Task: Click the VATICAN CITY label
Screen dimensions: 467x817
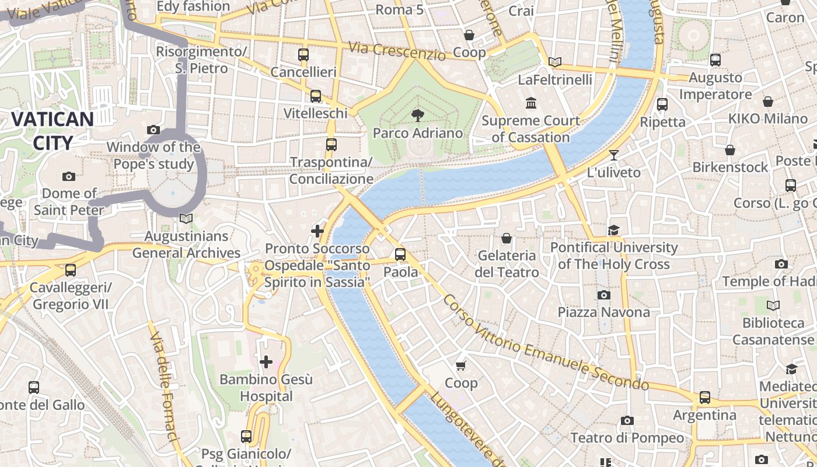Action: click(52, 131)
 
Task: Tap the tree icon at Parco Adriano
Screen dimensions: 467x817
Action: click(417, 114)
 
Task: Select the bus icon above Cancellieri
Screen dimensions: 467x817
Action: click(303, 55)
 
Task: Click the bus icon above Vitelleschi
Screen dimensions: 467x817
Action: click(315, 96)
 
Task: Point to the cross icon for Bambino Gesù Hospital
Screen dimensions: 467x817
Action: click(266, 362)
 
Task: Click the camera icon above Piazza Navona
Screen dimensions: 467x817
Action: click(603, 295)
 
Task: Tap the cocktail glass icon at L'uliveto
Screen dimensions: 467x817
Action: click(613, 155)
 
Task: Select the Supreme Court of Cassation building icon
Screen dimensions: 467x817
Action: click(531, 103)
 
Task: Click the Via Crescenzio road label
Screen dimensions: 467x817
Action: click(397, 50)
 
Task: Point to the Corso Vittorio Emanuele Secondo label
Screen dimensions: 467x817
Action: click(545, 343)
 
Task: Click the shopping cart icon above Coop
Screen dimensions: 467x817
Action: click(461, 365)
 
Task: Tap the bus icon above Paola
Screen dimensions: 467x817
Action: click(400, 255)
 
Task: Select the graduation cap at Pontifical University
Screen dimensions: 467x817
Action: click(613, 230)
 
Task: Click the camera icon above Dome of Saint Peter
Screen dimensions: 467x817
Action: click(69, 176)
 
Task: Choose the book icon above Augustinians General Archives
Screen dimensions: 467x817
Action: click(186, 218)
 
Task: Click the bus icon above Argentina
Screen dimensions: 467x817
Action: click(704, 398)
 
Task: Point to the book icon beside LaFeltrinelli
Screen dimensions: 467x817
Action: click(555, 62)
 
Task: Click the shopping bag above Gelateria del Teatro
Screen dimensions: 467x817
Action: click(507, 238)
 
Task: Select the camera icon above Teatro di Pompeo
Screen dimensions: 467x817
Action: click(627, 420)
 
